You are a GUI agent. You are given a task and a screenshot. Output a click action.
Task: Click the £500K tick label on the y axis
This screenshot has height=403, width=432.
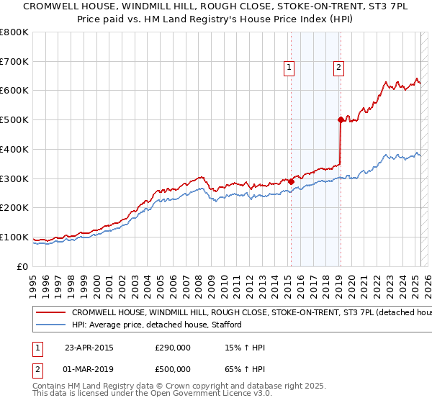14,119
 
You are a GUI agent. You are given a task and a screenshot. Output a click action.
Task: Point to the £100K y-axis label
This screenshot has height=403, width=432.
14,237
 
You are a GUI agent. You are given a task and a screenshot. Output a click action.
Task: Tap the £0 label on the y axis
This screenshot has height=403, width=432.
22,266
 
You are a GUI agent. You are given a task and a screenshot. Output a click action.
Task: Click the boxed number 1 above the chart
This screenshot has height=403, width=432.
289,68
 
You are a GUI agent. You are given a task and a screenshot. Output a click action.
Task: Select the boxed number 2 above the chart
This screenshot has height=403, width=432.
338,68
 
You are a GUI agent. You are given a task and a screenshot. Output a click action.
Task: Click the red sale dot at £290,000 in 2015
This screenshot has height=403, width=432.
292,181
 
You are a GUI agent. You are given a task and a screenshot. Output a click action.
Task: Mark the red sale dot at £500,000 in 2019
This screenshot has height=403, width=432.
341,120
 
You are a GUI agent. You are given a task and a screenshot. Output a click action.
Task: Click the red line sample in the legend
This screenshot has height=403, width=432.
51,313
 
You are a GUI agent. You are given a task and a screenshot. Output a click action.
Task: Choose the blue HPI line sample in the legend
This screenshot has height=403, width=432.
51,325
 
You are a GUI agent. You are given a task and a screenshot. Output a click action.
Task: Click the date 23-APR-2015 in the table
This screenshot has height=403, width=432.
89,348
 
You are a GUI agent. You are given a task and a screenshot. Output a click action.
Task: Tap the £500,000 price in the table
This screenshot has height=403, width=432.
173,371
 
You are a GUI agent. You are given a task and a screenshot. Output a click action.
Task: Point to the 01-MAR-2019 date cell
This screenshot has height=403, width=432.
90,371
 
